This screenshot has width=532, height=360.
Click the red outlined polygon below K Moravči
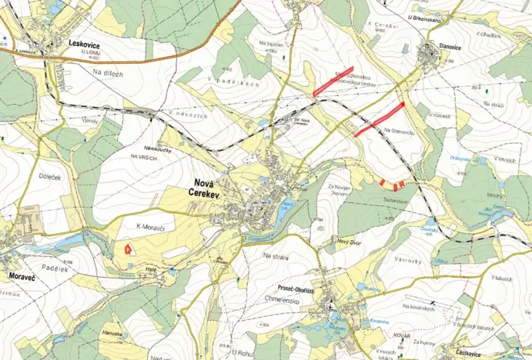coord(126,248)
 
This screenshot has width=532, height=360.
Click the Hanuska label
coord(113,334)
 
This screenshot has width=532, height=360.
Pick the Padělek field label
coord(55,269)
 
